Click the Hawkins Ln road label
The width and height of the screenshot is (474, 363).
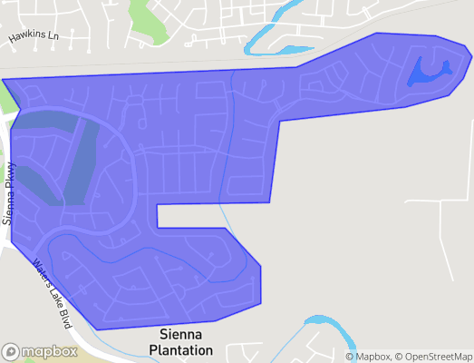34,37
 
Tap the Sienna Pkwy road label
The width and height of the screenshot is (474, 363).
10,193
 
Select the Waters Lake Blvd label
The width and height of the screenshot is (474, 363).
53,292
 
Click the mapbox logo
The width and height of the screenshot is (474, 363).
40,351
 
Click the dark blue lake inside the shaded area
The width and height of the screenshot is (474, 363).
429,71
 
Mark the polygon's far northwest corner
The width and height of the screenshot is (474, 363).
3,80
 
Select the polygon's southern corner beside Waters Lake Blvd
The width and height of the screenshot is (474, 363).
94,329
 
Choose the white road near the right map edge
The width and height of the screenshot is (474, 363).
440,227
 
